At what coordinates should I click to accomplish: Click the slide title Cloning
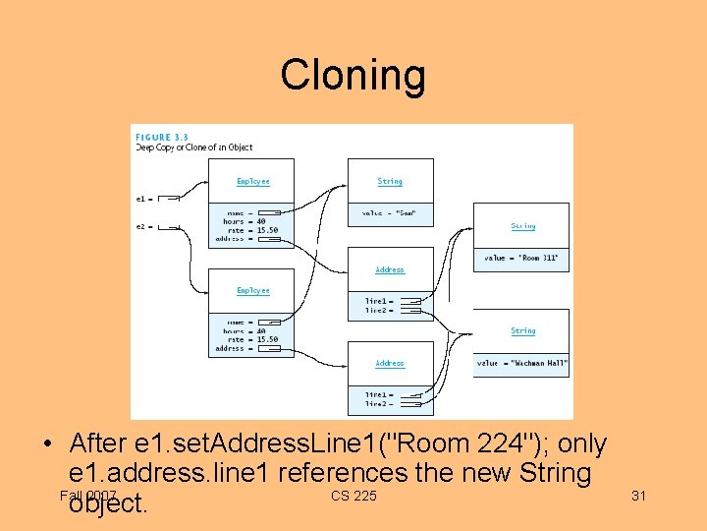353,75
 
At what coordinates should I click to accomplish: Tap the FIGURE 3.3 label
162,137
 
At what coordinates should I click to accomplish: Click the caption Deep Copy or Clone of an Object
193,147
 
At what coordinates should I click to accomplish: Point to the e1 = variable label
142,199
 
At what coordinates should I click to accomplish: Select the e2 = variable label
142,227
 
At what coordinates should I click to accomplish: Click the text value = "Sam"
390,213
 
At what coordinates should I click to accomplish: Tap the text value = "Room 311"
520,258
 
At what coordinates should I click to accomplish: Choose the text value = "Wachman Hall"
521,363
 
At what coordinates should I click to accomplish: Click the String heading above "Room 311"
522,226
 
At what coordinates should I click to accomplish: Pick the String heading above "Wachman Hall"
522,331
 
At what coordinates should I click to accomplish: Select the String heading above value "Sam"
390,182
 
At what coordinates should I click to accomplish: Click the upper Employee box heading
252,182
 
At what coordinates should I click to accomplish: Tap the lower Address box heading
390,363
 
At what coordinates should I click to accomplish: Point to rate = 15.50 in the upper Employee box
251,230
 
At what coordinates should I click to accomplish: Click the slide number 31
638,496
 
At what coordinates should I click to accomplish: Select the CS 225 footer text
353,496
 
